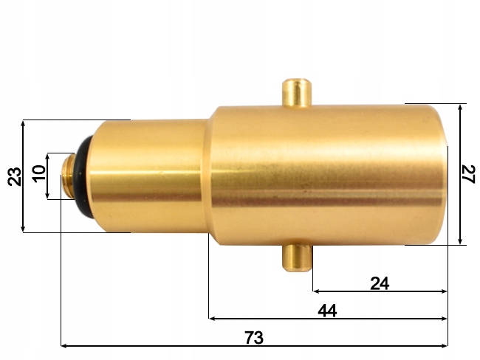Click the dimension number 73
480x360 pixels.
pyautogui.click(x=253, y=337)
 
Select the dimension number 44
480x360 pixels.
pyautogui.click(x=326, y=311)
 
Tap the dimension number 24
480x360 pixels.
pyautogui.click(x=379, y=283)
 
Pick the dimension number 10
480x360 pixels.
pyautogui.click(x=39, y=175)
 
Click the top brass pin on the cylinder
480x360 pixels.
pyautogui.click(x=298, y=91)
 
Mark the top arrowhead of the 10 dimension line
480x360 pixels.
pyautogui.click(x=48, y=157)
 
